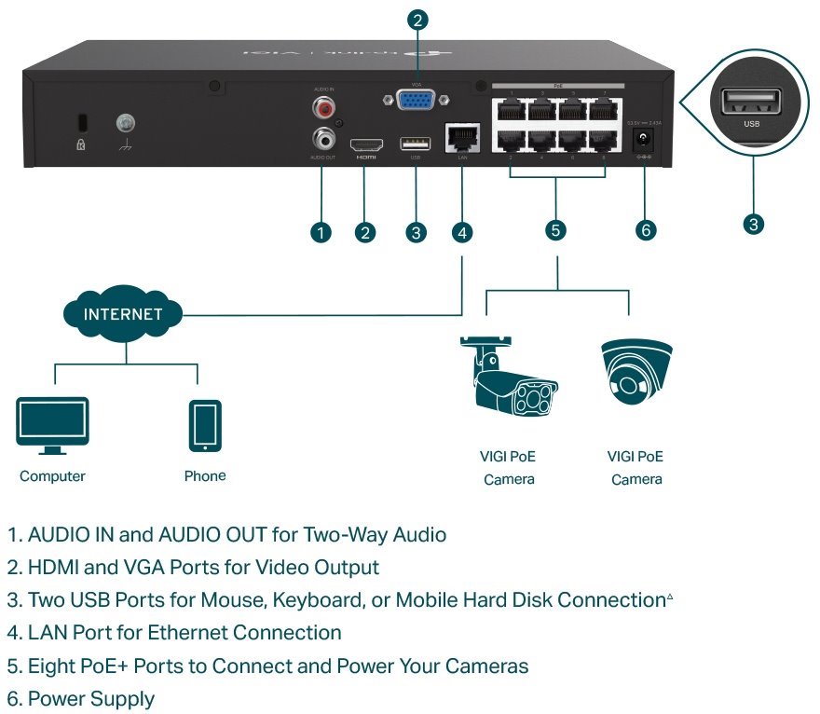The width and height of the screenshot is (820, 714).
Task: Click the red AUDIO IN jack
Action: click(325, 110)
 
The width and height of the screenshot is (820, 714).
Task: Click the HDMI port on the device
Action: click(366, 145)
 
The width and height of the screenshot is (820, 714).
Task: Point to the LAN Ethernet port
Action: click(461, 139)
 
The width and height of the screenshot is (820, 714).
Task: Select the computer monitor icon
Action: click(52, 425)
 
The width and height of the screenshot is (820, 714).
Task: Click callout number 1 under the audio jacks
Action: click(321, 232)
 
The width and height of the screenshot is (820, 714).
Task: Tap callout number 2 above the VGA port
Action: click(417, 20)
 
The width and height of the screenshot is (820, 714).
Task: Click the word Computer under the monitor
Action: click(52, 476)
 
